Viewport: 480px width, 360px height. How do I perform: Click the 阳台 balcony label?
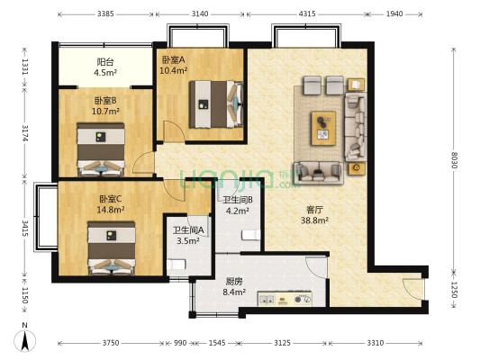[105, 62]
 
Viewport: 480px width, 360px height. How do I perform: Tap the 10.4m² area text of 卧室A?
[174, 71]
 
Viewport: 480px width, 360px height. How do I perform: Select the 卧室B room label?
[105, 100]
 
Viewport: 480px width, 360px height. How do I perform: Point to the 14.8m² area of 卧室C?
[111, 210]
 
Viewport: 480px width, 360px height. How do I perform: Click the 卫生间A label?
[188, 230]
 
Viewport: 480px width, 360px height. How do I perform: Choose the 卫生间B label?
[238, 200]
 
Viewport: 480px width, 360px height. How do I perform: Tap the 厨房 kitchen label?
[234, 281]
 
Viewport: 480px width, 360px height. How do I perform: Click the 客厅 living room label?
[314, 210]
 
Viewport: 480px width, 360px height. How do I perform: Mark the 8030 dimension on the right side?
[454, 160]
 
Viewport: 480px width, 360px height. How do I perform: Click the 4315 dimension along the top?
[307, 13]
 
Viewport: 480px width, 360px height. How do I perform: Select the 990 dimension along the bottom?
[180, 343]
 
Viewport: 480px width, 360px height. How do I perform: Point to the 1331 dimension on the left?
[25, 67]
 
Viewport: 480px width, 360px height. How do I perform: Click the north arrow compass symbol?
[25, 339]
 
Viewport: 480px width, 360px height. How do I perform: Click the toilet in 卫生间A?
[177, 264]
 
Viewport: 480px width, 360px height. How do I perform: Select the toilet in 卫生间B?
[251, 235]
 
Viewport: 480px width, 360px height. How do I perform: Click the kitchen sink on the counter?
[267, 299]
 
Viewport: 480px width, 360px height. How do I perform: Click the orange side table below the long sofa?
[357, 167]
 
